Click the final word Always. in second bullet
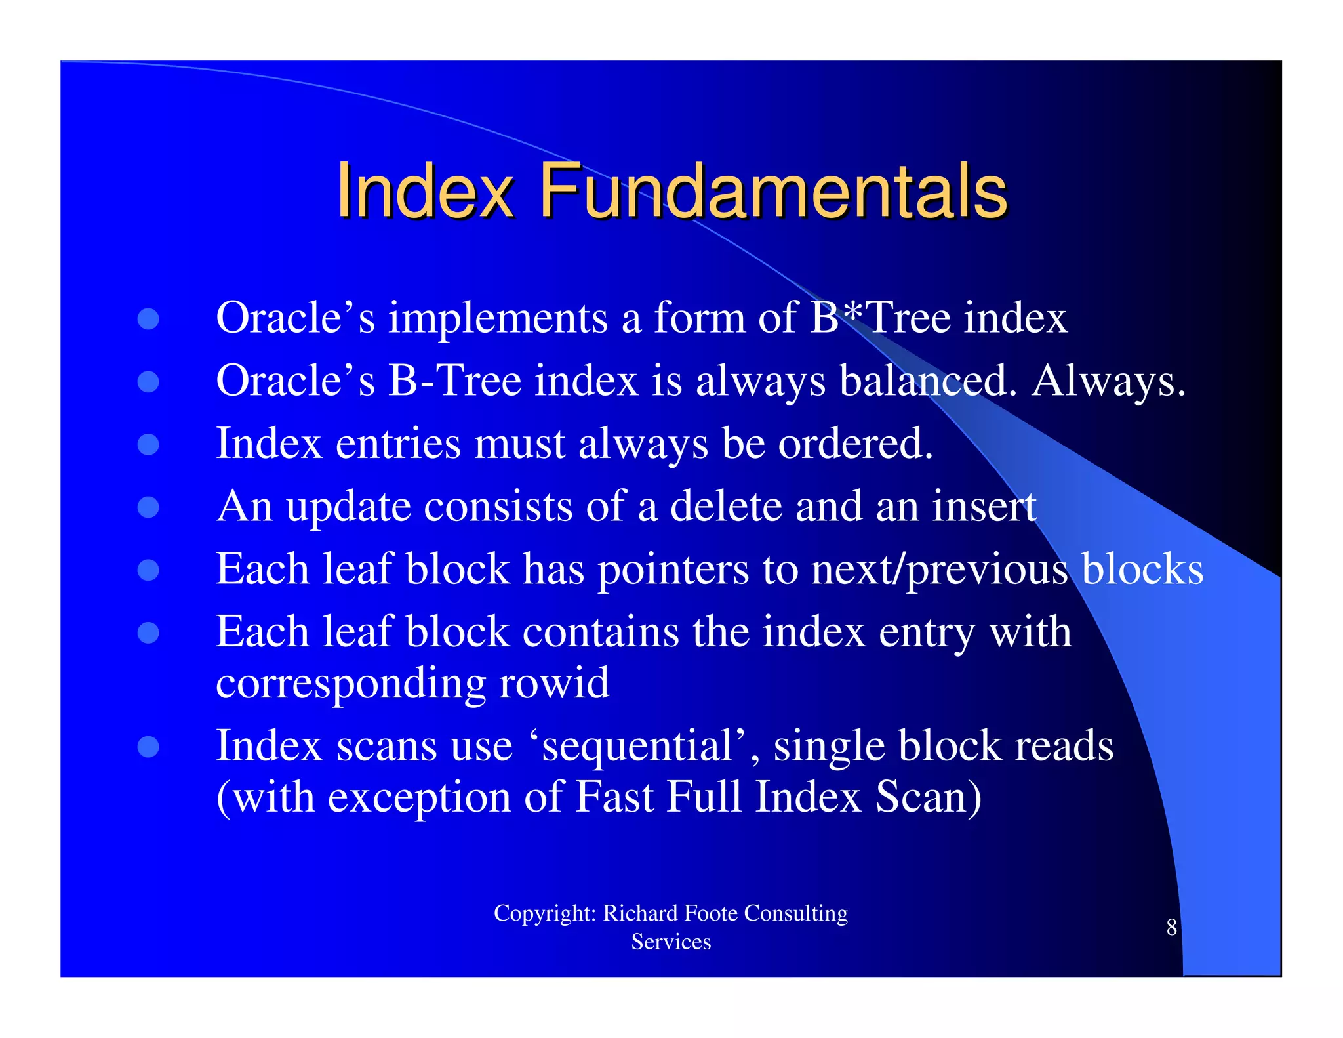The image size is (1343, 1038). (x=1108, y=381)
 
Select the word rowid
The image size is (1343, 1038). (x=554, y=683)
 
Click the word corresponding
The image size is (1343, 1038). (x=351, y=684)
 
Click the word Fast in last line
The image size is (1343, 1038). (x=614, y=797)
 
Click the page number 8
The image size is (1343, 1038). (x=1171, y=927)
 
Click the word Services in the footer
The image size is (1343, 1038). (x=671, y=942)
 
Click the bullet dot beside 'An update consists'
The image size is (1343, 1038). (x=149, y=507)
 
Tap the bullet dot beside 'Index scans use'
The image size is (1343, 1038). (x=149, y=746)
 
